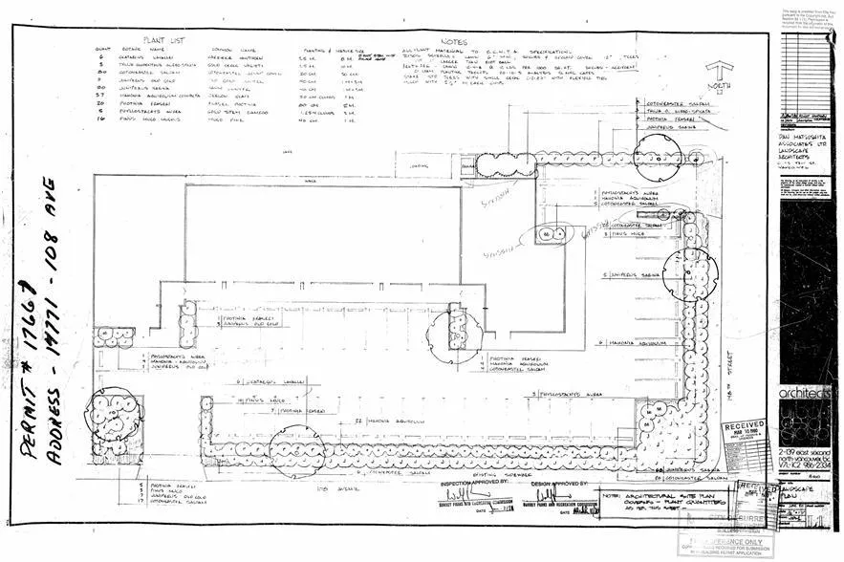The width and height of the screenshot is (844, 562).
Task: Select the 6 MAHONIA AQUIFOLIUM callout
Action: click(632, 341)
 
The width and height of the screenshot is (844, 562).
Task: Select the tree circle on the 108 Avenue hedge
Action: click(303, 449)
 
